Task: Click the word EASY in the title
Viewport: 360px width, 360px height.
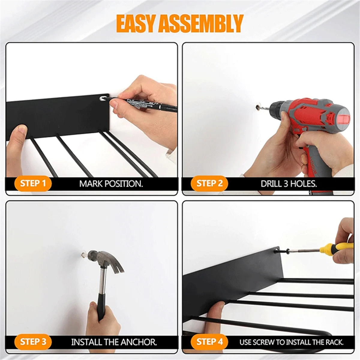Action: [x=136, y=24]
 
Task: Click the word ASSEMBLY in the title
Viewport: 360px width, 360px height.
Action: [x=201, y=24]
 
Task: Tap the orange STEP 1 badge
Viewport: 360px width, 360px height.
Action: [x=33, y=183]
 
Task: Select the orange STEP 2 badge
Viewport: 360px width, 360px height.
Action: [x=209, y=183]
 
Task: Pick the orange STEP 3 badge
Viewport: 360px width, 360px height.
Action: [x=33, y=342]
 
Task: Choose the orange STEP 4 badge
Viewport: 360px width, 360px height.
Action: [x=209, y=342]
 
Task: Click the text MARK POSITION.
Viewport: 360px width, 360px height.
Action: [x=111, y=184]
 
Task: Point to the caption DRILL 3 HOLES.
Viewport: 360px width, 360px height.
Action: [x=289, y=184]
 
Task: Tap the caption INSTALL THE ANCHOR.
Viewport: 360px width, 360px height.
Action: [x=114, y=342]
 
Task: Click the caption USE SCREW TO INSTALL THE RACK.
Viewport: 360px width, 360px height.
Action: [x=291, y=342]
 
